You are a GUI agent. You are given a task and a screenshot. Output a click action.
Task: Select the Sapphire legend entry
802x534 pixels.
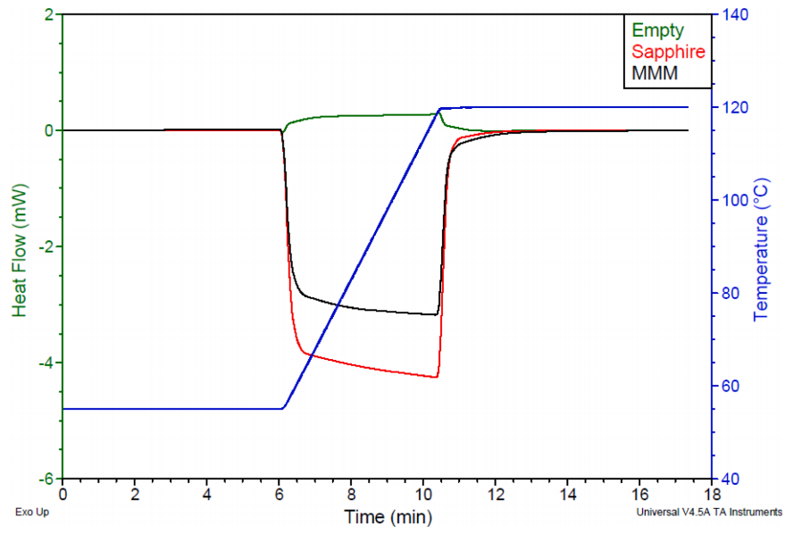(x=668, y=52)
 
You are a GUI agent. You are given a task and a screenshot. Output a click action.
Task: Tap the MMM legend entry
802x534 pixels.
(x=655, y=73)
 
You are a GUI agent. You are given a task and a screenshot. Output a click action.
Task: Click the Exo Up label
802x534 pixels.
(x=32, y=513)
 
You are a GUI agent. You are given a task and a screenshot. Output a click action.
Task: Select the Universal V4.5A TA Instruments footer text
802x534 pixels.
(x=709, y=513)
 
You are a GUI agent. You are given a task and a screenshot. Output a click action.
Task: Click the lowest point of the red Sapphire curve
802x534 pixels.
(x=437, y=378)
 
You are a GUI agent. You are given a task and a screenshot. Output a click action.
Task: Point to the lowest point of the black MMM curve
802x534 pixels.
(x=437, y=314)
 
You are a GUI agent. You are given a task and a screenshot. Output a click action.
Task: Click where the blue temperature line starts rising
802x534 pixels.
(x=283, y=408)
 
